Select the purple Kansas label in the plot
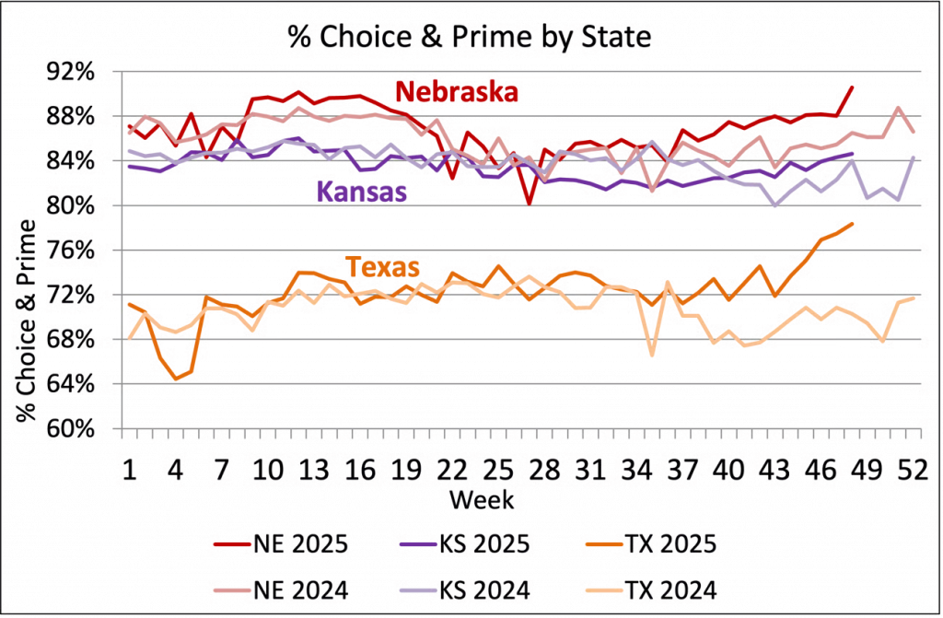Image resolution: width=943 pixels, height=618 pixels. pos(362,193)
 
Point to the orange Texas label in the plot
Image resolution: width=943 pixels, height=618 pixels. pos(384,267)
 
